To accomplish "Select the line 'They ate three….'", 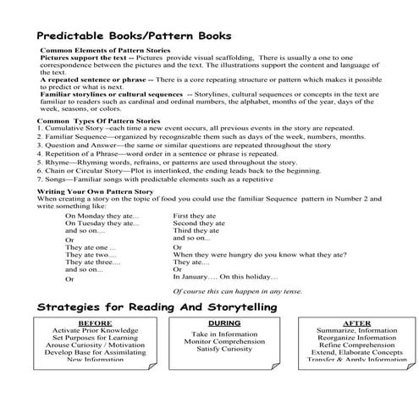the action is [93, 262].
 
